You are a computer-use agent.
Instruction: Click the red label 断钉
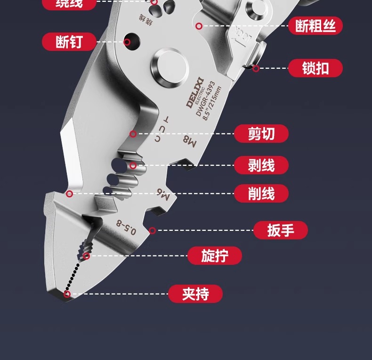click(69, 41)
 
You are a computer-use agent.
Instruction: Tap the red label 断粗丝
click(315, 26)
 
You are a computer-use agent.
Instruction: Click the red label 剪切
click(261, 134)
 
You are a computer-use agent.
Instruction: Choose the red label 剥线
click(261, 165)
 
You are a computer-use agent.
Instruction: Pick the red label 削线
click(261, 193)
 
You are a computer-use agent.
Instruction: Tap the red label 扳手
click(281, 230)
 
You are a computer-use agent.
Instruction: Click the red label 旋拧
click(215, 256)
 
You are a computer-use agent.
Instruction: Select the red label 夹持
click(195, 294)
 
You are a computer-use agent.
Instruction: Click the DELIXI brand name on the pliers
click(194, 96)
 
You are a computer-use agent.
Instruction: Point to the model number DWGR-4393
click(205, 101)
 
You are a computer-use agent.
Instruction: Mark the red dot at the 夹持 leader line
click(67, 295)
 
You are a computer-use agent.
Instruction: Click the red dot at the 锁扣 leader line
click(256, 68)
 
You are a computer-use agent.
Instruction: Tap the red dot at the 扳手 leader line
click(152, 230)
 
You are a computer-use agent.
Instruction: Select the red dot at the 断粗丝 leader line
click(199, 26)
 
